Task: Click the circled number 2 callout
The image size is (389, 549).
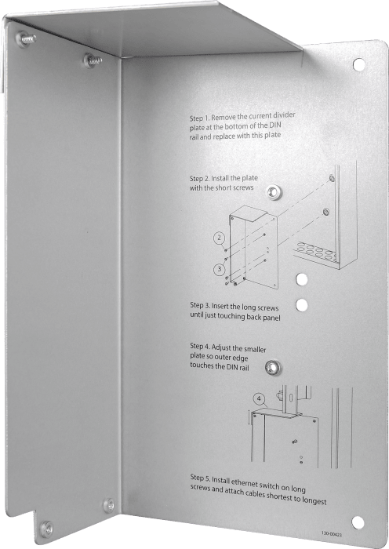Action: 220,236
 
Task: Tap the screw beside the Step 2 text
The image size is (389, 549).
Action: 272,191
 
